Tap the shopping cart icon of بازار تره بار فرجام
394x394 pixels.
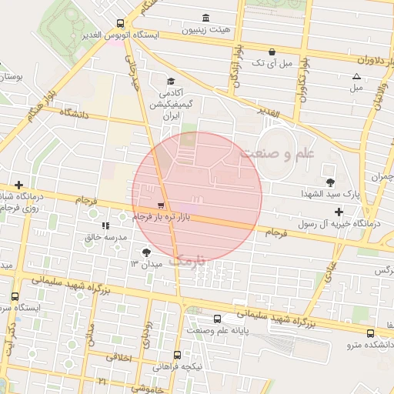pyautogui.click(x=160, y=205)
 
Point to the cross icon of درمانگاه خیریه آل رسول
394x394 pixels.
pyautogui.click(x=339, y=211)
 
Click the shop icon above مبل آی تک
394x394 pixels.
pyautogui.click(x=272, y=51)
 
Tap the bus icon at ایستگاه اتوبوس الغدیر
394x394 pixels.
pyautogui.click(x=119, y=23)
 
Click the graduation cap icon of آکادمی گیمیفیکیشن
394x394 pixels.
pyautogui.click(x=170, y=80)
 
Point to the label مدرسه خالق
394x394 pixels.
pyautogui.click(x=103, y=238)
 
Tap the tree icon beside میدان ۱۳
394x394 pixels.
pyautogui.click(x=147, y=252)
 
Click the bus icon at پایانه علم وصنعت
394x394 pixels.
pyautogui.click(x=216, y=318)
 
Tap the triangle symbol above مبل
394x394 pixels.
pyautogui.click(x=356, y=76)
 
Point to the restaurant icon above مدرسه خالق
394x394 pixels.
pyautogui.click(x=104, y=226)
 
